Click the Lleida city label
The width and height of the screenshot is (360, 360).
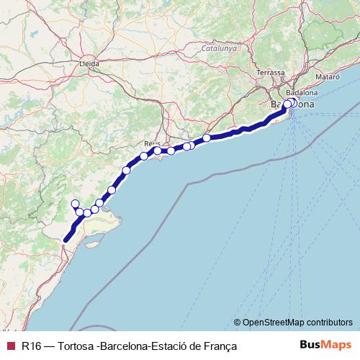pos(89,63)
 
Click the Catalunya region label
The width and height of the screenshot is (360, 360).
pos(219,48)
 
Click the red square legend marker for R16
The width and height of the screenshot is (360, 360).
pos(9,346)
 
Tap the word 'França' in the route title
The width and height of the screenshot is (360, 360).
pos(220,346)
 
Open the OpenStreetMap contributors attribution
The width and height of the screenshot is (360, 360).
pos(297,322)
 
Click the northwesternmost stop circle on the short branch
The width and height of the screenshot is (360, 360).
pos(74,204)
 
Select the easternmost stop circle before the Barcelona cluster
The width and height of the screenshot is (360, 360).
pos(207,138)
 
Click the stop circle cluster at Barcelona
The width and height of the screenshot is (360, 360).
pos(289,104)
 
